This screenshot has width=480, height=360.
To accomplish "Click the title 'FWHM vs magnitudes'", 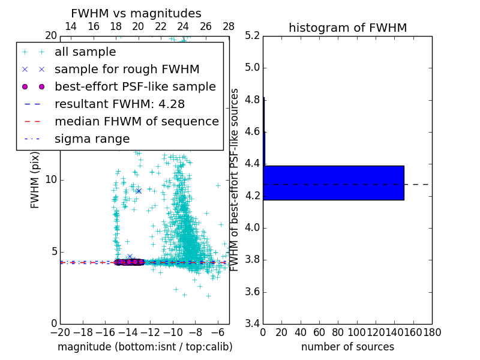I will click(x=136, y=14).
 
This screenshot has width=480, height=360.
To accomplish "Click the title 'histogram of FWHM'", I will click(x=347, y=28).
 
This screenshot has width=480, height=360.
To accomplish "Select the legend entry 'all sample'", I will click(x=85, y=52).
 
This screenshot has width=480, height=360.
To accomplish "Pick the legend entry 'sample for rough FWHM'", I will click(x=127, y=70).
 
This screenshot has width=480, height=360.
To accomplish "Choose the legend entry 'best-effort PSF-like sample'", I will click(x=135, y=87).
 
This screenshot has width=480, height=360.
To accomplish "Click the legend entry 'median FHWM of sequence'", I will click(x=136, y=122).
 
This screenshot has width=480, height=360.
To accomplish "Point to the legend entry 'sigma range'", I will click(x=92, y=139).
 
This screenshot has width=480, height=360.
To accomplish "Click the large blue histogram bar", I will click(x=334, y=183).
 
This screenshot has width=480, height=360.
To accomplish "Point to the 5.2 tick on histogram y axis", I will click(x=253, y=35).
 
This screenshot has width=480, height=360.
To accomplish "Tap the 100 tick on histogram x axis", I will click(x=357, y=332).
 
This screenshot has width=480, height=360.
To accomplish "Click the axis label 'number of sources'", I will click(x=347, y=347).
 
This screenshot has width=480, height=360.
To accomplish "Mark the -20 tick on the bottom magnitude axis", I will click(x=60, y=332).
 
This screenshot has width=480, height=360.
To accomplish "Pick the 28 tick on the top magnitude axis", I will click(x=229, y=26).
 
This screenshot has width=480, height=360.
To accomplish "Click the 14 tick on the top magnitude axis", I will click(x=71, y=26).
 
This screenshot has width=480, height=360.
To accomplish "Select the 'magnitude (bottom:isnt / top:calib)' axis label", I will click(x=145, y=347).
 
